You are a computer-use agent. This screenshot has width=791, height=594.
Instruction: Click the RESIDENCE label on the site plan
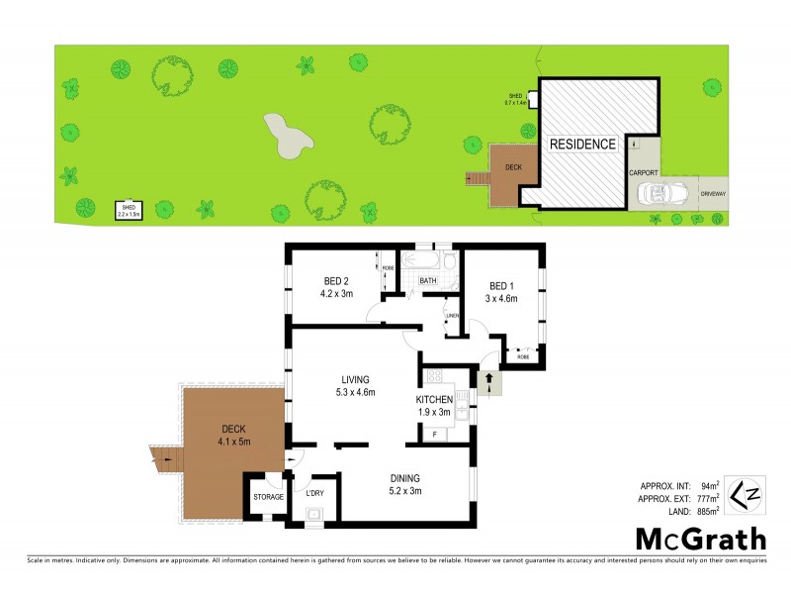[582, 145]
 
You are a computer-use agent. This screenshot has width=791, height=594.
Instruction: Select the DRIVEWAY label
[712, 193]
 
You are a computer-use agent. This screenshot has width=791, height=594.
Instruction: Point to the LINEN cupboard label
[452, 316]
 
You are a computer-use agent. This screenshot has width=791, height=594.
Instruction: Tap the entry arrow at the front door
[488, 382]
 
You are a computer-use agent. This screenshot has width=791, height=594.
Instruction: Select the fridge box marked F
[433, 434]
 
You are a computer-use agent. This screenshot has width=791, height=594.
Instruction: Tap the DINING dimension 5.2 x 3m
[404, 488]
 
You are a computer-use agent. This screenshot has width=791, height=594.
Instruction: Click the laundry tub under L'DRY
[315, 513]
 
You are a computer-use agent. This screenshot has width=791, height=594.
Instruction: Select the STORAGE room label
[268, 497]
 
